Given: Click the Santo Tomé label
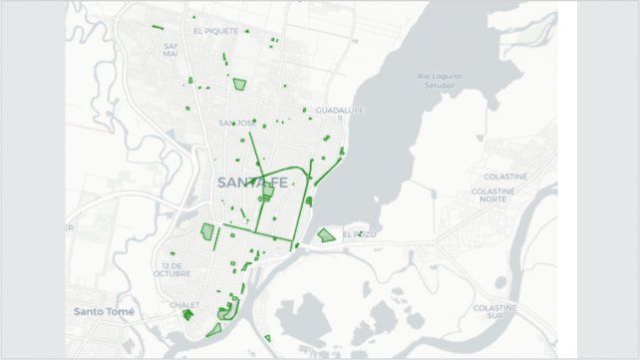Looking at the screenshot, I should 104,311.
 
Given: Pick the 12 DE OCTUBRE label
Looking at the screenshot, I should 173,271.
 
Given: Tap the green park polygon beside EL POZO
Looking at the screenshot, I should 326,235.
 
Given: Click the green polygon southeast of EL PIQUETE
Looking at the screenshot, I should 239,84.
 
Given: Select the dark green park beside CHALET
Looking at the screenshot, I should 187,315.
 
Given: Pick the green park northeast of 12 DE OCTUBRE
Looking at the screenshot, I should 208,232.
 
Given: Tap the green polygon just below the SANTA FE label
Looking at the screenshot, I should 266,191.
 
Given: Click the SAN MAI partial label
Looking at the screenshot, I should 169,50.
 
